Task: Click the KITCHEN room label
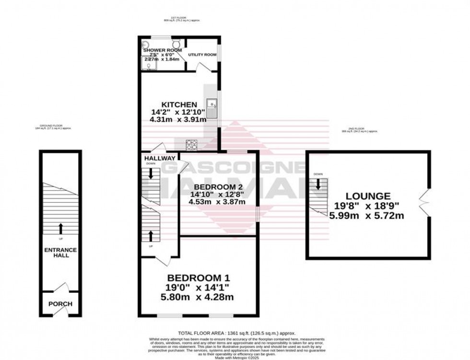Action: pyautogui.click(x=178, y=105)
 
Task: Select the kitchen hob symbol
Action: pyautogui.click(x=192, y=143)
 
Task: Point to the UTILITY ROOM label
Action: pyautogui.click(x=202, y=55)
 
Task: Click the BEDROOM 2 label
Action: pyautogui.click(x=218, y=186)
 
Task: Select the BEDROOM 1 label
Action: pyautogui.click(x=199, y=278)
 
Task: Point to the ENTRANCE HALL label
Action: pyautogui.click(x=60, y=253)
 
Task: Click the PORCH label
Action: pyautogui.click(x=60, y=304)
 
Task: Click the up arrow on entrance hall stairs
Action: pyautogui.click(x=60, y=228)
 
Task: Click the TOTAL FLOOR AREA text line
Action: pyautogui.click(x=236, y=333)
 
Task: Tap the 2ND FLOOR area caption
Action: pyautogui.click(x=360, y=130)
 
